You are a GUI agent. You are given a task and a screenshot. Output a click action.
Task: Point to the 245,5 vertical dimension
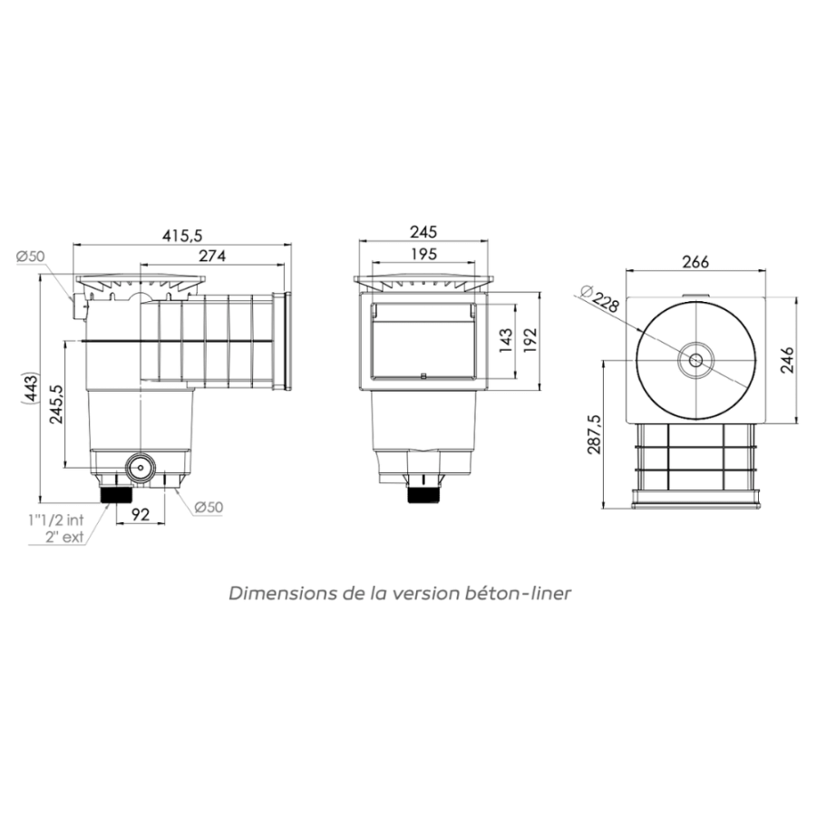tap(55, 403)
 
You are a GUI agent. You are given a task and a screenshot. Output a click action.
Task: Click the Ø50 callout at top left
tap(30, 257)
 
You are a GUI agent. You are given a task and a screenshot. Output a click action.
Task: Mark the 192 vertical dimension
tap(531, 339)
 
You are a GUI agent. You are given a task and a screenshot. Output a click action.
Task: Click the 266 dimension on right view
tap(695, 262)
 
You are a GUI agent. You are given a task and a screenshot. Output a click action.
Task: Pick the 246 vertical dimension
tap(788, 360)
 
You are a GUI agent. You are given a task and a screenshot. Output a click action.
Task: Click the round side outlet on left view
tap(141, 469)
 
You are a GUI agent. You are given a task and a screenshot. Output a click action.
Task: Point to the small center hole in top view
tap(695, 360)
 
